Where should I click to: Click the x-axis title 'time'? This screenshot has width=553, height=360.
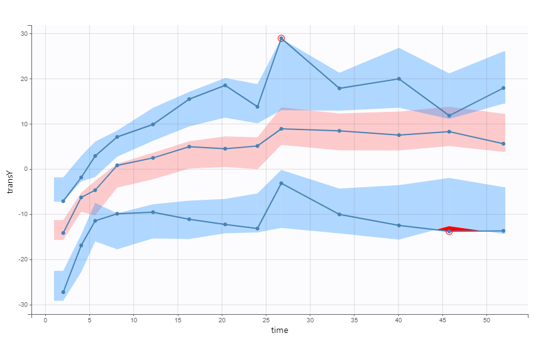point(280,330)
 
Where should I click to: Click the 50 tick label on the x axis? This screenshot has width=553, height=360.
point(486,320)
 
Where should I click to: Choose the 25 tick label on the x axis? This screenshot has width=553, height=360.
point(266,320)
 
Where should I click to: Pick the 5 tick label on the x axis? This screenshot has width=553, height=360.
point(89,320)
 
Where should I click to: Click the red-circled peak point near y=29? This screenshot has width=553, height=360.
point(282,38)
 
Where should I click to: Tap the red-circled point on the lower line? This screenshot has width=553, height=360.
point(449,231)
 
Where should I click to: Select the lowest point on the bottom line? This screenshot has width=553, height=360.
point(63,292)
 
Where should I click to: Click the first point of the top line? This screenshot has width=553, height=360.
point(63,201)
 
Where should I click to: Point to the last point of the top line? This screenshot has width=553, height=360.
point(504,88)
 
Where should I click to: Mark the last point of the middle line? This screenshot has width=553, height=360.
point(504,144)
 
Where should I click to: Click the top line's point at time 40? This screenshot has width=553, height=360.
point(398,79)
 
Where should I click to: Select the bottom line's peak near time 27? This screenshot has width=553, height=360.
point(282,183)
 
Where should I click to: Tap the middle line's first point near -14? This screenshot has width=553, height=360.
point(63,233)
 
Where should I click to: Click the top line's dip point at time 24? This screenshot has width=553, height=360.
point(258,107)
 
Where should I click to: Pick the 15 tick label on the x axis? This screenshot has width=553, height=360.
point(177,320)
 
